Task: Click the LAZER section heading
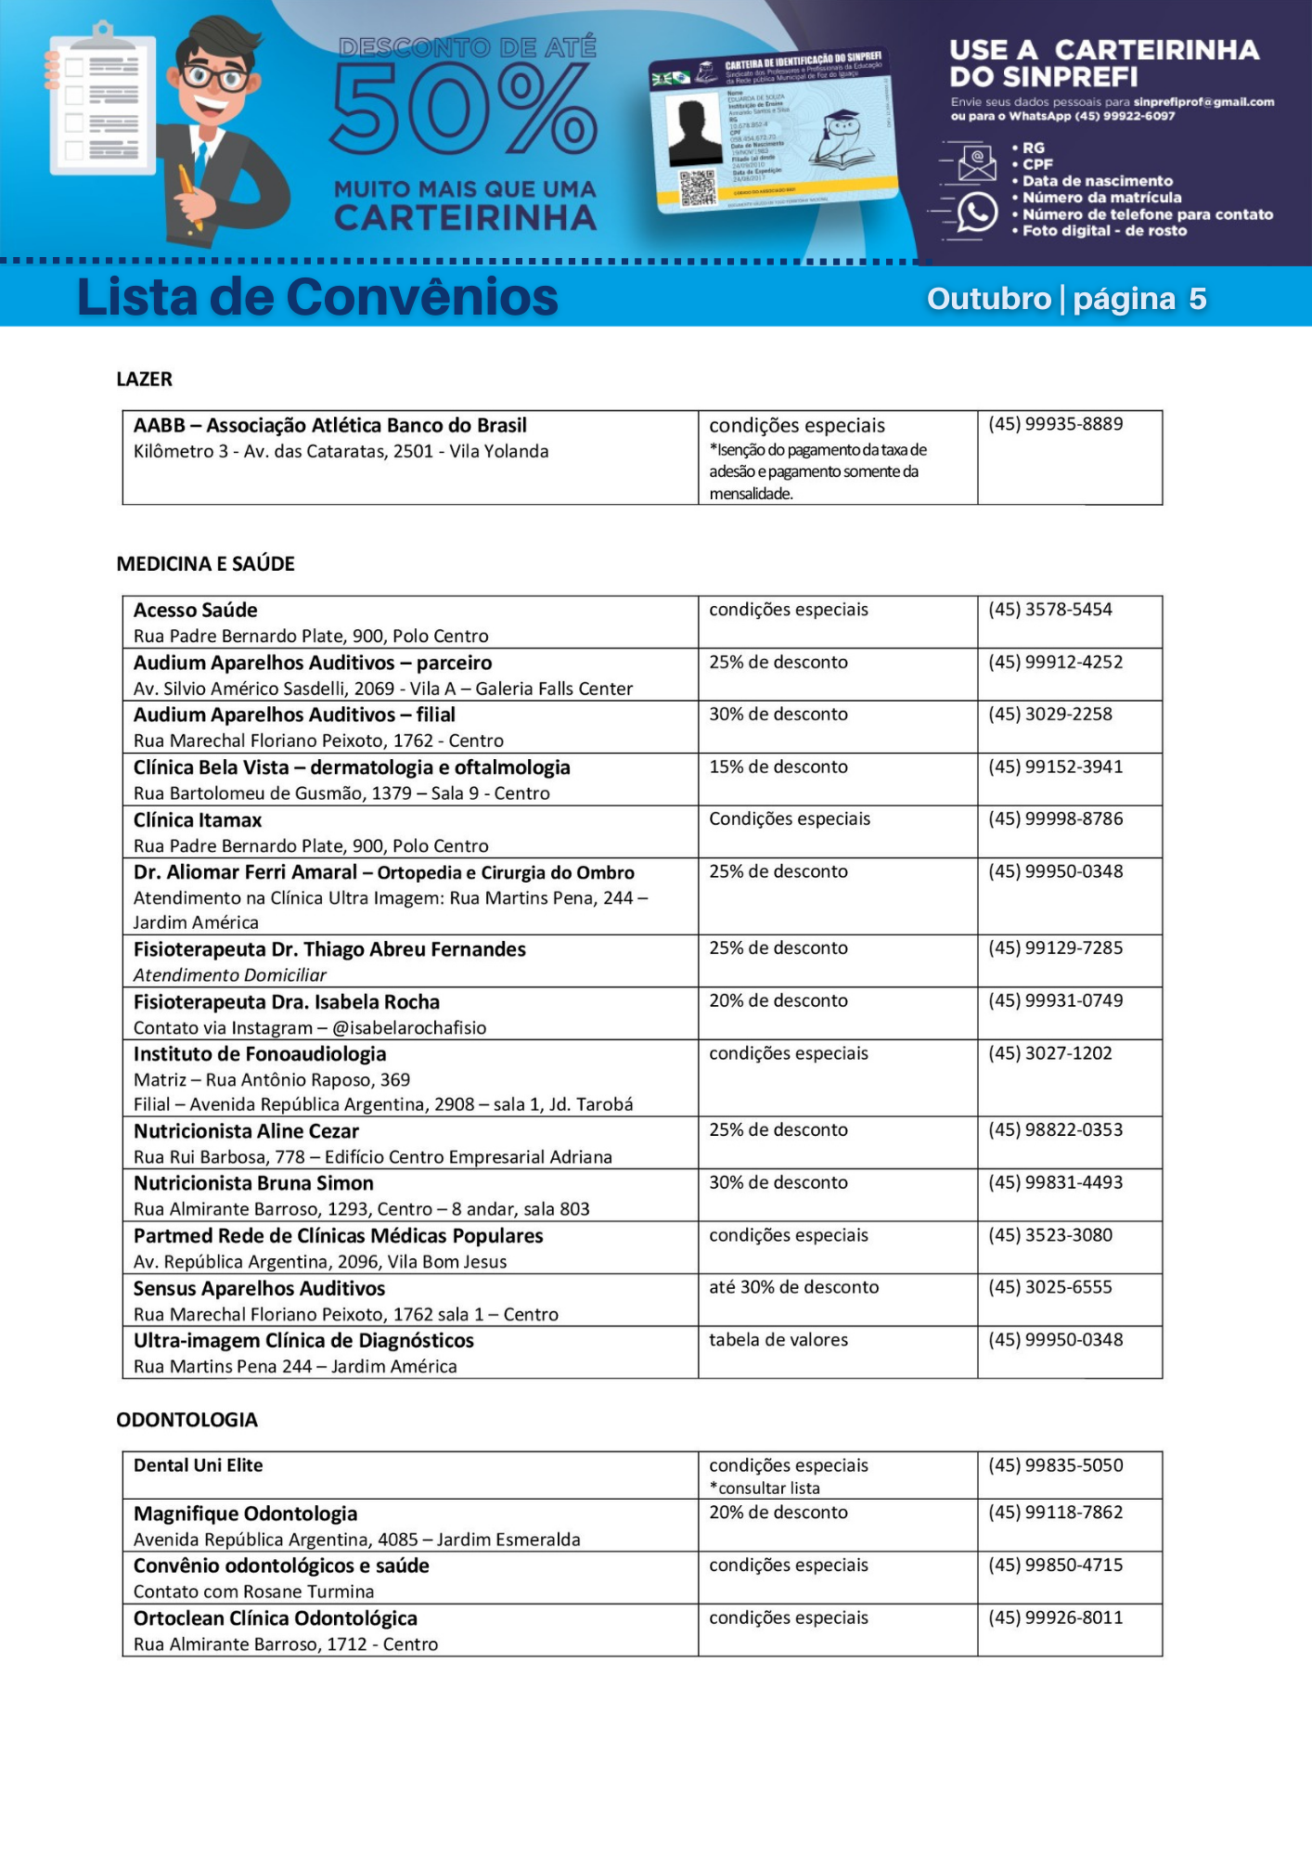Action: click(x=144, y=379)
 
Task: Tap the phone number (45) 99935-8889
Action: click(x=1055, y=424)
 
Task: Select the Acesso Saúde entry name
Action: click(x=195, y=610)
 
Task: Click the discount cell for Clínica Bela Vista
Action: click(x=778, y=767)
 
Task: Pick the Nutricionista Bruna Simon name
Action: click(x=253, y=1183)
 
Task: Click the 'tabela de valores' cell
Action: click(x=778, y=1339)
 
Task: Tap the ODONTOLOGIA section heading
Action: click(x=187, y=1420)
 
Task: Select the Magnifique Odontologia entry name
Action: click(x=245, y=1514)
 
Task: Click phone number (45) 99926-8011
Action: click(x=1055, y=1618)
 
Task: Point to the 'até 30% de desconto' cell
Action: click(x=793, y=1287)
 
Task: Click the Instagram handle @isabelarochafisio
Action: click(x=409, y=1027)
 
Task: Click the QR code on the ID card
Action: click(x=698, y=187)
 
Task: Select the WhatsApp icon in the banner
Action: click(x=976, y=212)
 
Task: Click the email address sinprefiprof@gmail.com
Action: click(x=1203, y=102)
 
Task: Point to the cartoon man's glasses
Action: click(x=217, y=76)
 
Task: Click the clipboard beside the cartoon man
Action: click(x=101, y=102)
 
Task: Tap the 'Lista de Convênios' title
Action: click(x=317, y=298)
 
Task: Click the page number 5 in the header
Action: click(x=1197, y=299)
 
